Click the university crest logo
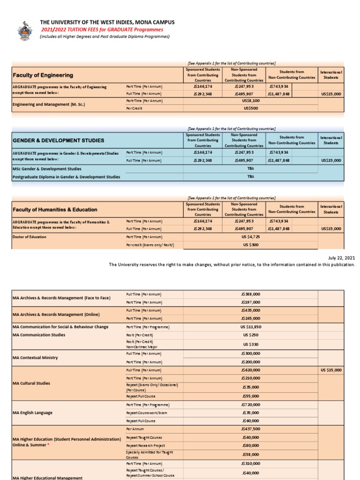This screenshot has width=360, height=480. [x=25, y=30]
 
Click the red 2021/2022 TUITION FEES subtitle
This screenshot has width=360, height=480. [x=102, y=30]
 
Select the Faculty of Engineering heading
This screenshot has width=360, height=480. [x=43, y=75]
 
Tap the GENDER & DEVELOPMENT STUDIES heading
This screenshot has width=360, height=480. [x=58, y=140]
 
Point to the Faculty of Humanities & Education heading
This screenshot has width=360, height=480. [x=55, y=210]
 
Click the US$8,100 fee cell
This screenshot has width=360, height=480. [x=251, y=100]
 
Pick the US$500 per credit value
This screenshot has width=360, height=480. [x=251, y=108]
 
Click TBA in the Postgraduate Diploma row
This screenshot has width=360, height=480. [x=251, y=177]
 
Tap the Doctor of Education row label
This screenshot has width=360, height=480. [x=30, y=237]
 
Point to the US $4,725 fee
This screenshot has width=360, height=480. [x=251, y=237]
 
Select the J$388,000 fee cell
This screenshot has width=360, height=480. [x=251, y=294]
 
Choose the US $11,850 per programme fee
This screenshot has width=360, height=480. [x=251, y=327]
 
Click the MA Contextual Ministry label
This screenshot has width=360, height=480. [x=35, y=358]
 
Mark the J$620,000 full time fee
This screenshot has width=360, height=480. [x=251, y=370]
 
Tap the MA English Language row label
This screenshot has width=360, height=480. [x=32, y=413]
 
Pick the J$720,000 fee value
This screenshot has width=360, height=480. [x=251, y=405]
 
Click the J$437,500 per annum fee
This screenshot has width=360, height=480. [x=251, y=429]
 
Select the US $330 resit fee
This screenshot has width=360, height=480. [x=251, y=345]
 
